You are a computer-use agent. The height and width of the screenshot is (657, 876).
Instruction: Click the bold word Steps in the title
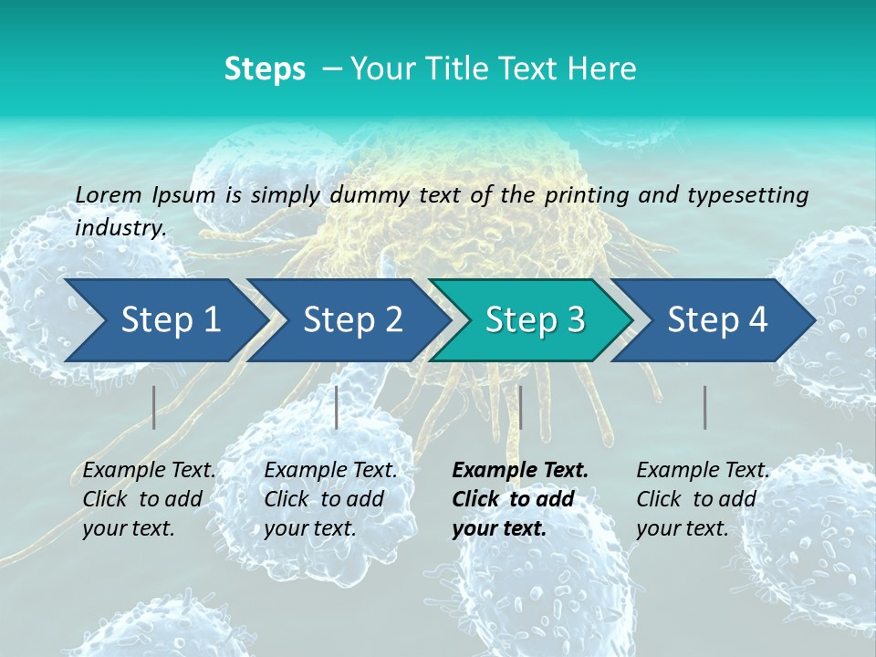click(265, 69)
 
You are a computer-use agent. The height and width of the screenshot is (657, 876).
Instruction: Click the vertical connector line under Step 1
click(154, 407)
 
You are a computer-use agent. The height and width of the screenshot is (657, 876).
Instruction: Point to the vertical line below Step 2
click(337, 407)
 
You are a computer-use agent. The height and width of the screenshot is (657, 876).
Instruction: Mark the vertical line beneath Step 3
click(520, 407)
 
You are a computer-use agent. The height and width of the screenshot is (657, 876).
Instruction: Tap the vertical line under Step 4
click(705, 407)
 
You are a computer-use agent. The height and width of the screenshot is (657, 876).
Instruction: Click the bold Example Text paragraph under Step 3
click(519, 499)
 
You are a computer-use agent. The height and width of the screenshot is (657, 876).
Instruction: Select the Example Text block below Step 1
click(149, 499)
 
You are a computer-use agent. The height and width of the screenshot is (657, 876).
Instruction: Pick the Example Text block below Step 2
click(330, 499)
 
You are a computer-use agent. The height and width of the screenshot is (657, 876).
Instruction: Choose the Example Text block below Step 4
click(703, 499)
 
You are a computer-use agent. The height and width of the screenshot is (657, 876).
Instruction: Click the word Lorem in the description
click(109, 194)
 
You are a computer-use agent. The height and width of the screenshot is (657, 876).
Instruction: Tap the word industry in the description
click(120, 228)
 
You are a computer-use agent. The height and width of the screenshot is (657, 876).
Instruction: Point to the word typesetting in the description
click(753, 194)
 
